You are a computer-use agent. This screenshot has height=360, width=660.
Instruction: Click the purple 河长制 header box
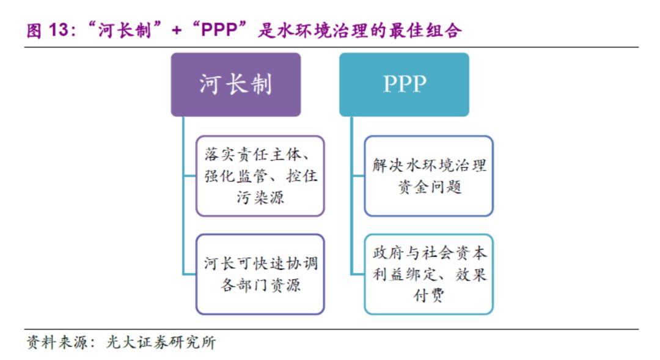tap(235, 84)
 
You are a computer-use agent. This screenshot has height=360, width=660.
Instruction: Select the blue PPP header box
tap(404, 84)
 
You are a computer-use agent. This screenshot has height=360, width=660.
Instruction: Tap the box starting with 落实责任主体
tap(260, 176)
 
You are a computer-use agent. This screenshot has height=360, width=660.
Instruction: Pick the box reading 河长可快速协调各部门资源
tap(260, 274)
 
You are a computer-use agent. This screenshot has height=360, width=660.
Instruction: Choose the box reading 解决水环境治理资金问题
tap(428, 176)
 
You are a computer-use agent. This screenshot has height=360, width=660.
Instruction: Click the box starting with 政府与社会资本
tap(428, 274)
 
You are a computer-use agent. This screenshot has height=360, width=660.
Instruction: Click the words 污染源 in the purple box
tap(260, 198)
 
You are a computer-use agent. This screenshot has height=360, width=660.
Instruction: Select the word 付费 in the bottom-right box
tap(428, 295)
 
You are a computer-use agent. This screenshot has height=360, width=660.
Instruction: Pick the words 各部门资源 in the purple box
tap(260, 285)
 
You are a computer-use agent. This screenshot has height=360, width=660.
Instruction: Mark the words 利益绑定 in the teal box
tap(403, 274)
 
